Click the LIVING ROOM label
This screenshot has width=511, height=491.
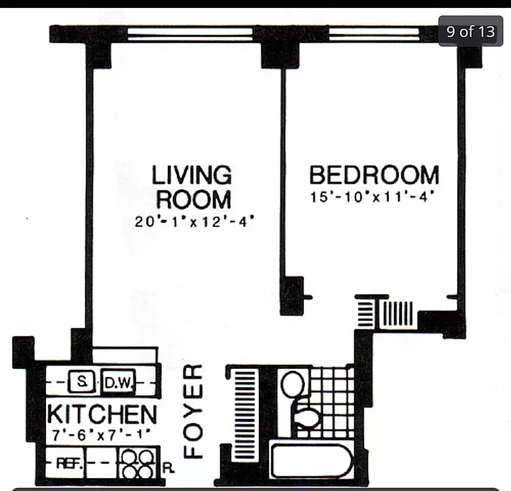[x=192, y=187]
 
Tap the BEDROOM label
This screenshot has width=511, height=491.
[x=374, y=175]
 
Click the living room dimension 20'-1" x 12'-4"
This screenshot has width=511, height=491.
[x=194, y=222]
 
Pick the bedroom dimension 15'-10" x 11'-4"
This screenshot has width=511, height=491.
[x=374, y=198]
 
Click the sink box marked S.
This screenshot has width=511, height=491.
[x=81, y=382]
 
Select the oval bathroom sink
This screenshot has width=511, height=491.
[x=292, y=385]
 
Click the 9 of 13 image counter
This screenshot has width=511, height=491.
[x=470, y=31]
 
